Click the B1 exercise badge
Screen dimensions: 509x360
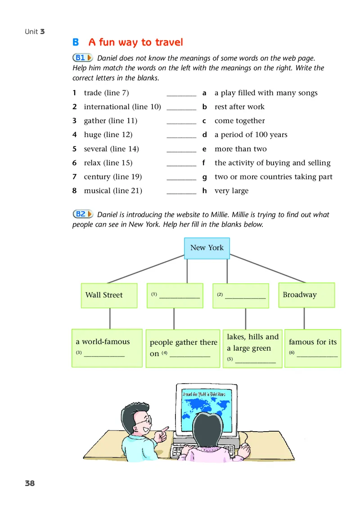coord(83,58)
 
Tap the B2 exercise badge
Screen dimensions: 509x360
coord(83,214)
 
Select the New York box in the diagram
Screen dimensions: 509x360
coord(207,248)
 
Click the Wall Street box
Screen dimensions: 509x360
coord(108,295)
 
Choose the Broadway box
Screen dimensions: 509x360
coord(306,295)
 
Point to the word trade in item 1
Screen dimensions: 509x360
coord(93,93)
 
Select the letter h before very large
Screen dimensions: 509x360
coord(204,191)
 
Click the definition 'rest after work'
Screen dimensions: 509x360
coord(239,107)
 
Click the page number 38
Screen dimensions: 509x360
coord(30,483)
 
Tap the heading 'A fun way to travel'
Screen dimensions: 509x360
coord(135,43)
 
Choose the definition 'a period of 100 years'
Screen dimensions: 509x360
coord(251,135)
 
